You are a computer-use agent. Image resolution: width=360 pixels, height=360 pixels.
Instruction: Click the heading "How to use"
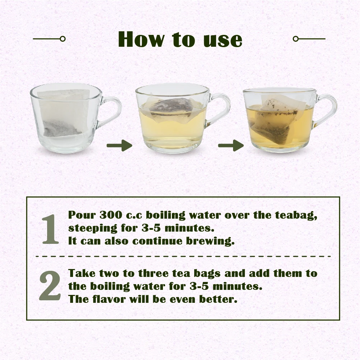pos(180,39)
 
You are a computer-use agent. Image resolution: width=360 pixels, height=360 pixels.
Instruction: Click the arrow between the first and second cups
pos(119,146)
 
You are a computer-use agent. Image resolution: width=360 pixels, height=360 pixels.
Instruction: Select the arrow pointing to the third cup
pos(231,146)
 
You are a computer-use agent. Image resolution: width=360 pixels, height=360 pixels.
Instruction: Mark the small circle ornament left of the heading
pos(63,38)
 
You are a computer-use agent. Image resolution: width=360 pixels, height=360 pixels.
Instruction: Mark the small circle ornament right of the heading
pos(296,38)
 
